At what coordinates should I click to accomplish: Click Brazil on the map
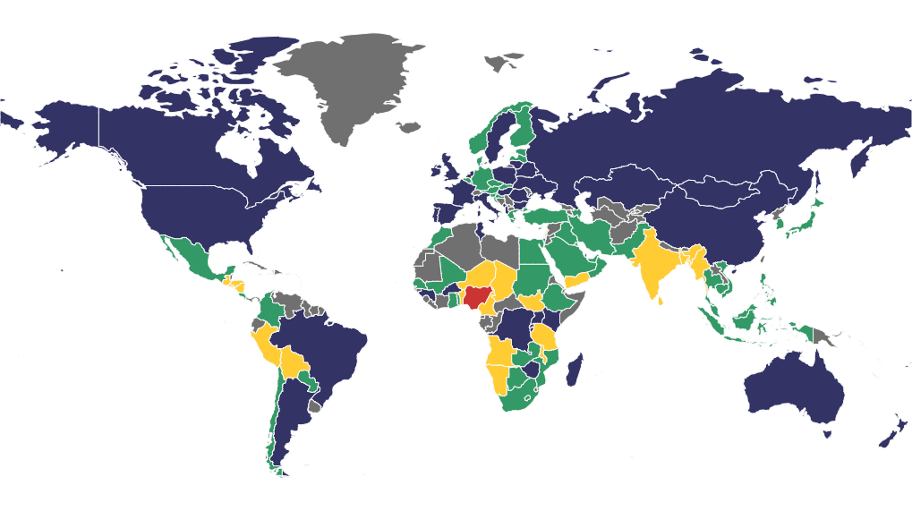pos(327,345)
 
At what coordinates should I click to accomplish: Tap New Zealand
pos(888,435)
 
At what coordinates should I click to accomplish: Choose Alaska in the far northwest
pos(63,134)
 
